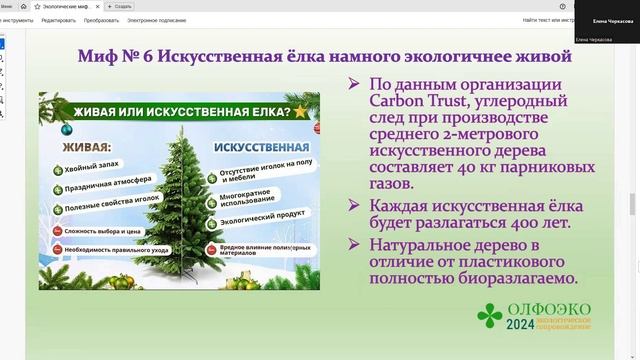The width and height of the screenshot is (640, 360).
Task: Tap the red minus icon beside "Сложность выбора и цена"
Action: [56, 231]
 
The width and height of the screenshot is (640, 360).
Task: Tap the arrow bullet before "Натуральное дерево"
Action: [354, 244]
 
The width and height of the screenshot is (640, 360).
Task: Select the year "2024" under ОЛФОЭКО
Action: [520, 325]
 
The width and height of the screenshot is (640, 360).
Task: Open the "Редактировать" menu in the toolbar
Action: [58, 19]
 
